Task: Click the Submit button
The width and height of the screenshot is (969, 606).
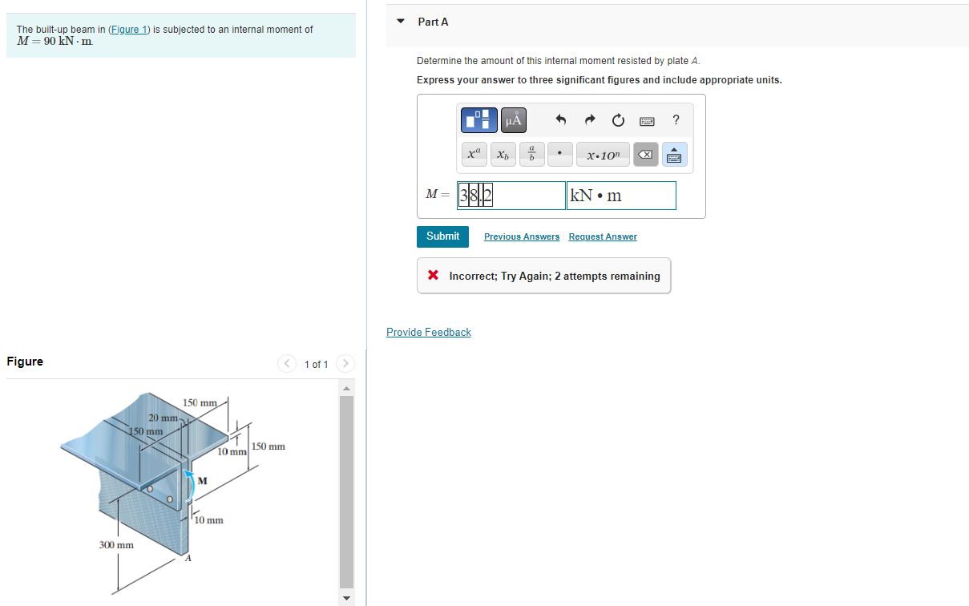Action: (x=442, y=236)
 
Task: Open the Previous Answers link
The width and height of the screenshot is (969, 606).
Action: (x=522, y=236)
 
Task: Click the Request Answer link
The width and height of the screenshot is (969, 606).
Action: (x=603, y=236)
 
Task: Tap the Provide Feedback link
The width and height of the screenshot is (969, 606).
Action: (x=429, y=332)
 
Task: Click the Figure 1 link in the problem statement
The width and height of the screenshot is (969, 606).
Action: (x=129, y=30)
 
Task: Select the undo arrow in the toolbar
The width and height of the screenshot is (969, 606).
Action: (x=561, y=121)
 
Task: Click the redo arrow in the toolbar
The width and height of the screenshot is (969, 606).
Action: (x=590, y=121)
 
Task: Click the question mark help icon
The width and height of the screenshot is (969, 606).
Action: (x=676, y=120)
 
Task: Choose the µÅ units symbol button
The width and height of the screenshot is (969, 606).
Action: (x=514, y=121)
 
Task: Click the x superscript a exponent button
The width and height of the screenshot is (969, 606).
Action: (x=474, y=155)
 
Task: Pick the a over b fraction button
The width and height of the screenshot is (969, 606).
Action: (x=531, y=155)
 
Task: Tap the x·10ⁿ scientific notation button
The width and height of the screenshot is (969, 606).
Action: (x=603, y=155)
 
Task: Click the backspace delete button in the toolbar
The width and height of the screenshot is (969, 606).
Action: (x=646, y=155)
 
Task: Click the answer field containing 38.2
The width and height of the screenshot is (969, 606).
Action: (x=511, y=196)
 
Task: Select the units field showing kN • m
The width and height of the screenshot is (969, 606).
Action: (x=621, y=196)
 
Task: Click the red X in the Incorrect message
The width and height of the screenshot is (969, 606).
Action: (x=433, y=276)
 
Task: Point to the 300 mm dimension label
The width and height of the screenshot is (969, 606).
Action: (x=116, y=545)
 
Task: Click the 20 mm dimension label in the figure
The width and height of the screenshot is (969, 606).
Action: (x=163, y=418)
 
